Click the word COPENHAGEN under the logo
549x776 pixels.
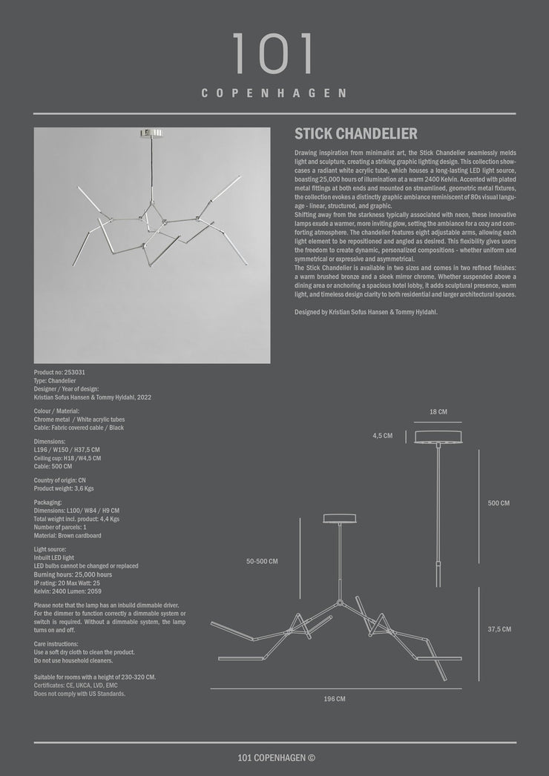[x=274, y=93]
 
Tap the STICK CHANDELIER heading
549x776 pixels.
[x=356, y=134]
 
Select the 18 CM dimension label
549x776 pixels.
[x=438, y=411]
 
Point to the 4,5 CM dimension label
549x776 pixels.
[x=383, y=436]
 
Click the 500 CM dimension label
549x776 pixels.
[x=499, y=503]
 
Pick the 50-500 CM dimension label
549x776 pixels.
[x=262, y=561]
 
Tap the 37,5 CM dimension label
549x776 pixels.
[x=499, y=629]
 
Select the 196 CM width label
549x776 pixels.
[x=335, y=698]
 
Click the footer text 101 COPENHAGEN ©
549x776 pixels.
[x=276, y=757]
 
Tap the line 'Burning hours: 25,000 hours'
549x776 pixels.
[x=73, y=574]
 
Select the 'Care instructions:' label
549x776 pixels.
[x=56, y=644]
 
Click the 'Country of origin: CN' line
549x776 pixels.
[x=59, y=480]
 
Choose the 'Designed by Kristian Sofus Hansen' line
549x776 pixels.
[x=366, y=312]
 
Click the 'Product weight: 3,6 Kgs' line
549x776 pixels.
[x=64, y=488]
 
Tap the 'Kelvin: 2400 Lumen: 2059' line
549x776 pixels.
[x=68, y=591]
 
